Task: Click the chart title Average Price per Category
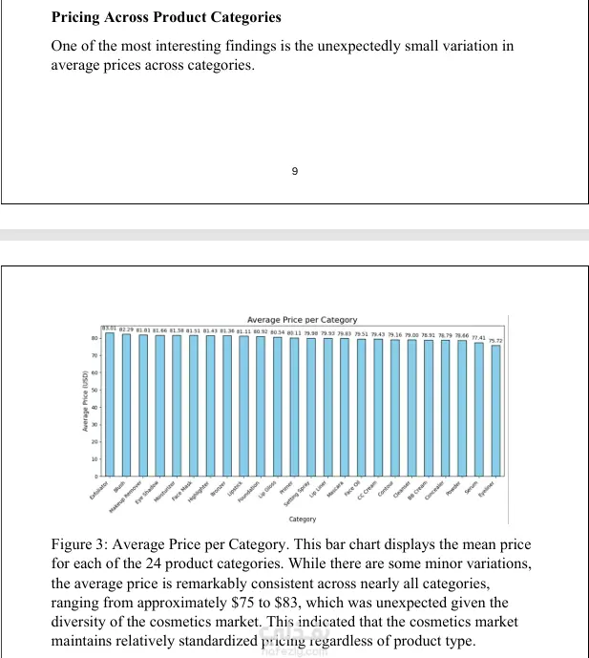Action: [302, 319]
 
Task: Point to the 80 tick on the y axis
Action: [96, 338]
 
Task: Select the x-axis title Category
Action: [303, 520]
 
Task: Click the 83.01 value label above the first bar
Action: [109, 328]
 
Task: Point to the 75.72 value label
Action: [495, 340]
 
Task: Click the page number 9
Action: [294, 171]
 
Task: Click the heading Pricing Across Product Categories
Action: [166, 17]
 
